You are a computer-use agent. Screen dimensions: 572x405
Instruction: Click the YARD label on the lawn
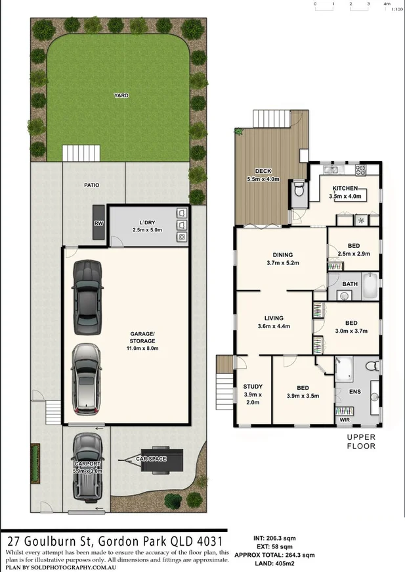click(x=120, y=95)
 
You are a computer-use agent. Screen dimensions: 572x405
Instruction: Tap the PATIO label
click(x=91, y=185)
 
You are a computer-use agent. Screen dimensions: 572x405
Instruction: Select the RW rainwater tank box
click(x=98, y=223)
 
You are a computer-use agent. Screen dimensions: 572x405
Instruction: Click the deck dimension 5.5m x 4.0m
click(x=263, y=179)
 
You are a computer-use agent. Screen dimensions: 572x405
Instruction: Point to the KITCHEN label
click(x=345, y=188)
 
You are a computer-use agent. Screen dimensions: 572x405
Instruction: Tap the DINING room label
click(x=283, y=255)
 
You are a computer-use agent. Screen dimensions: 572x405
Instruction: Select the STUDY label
click(x=253, y=387)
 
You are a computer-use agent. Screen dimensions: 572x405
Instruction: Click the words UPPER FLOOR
click(x=360, y=441)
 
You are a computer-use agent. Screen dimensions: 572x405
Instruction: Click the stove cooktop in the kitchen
click(x=360, y=170)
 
